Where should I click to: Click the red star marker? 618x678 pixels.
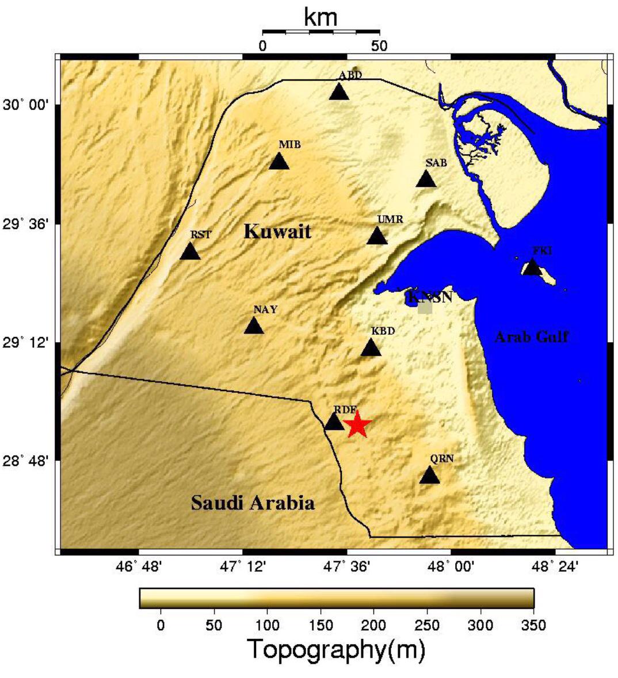pyautogui.click(x=357, y=425)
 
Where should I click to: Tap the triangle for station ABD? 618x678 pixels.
pyautogui.click(x=339, y=92)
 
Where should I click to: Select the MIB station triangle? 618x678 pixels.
pyautogui.click(x=279, y=162)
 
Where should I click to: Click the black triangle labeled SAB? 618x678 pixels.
pyautogui.click(x=426, y=179)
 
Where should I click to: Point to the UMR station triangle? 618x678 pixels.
pyautogui.click(x=377, y=236)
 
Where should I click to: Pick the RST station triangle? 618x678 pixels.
pyautogui.click(x=190, y=252)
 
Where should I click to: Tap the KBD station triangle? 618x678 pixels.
pyautogui.click(x=371, y=348)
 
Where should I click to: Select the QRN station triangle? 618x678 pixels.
pyautogui.click(x=429, y=476)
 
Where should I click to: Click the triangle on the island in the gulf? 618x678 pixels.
pyautogui.click(x=532, y=267)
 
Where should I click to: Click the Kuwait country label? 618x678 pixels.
pyautogui.click(x=277, y=232)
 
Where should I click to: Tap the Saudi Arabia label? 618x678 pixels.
pyautogui.click(x=253, y=503)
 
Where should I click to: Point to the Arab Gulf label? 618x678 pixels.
pyautogui.click(x=531, y=337)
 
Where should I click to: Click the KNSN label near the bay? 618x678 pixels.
pyautogui.click(x=429, y=297)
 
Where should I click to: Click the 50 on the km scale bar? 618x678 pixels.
pyautogui.click(x=379, y=45)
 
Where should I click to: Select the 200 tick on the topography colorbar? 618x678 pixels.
pyautogui.click(x=373, y=625)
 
